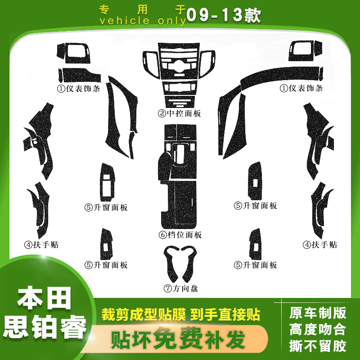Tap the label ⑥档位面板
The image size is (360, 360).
(180, 235)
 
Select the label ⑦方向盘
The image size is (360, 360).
(181, 288)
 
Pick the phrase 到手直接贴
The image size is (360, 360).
(229, 314)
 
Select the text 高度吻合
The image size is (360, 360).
(318, 329)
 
